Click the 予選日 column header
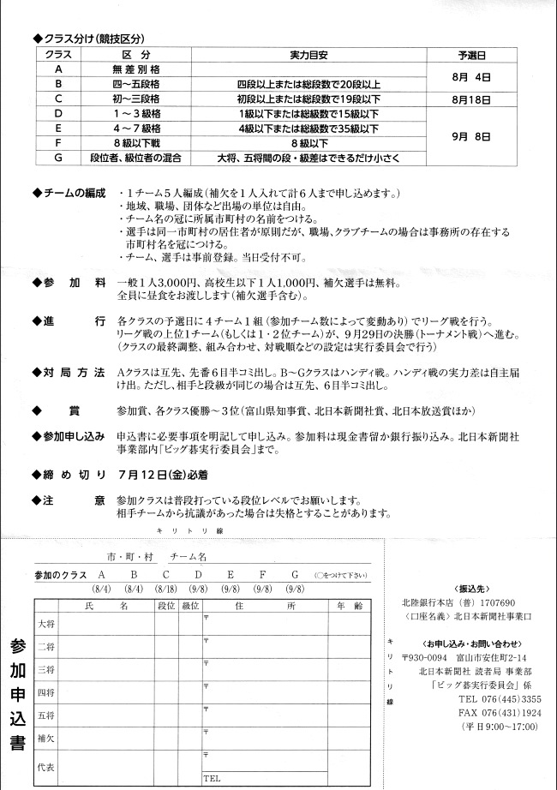[x=473, y=54]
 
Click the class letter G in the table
[x=57, y=158]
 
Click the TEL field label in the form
[x=212, y=779]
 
